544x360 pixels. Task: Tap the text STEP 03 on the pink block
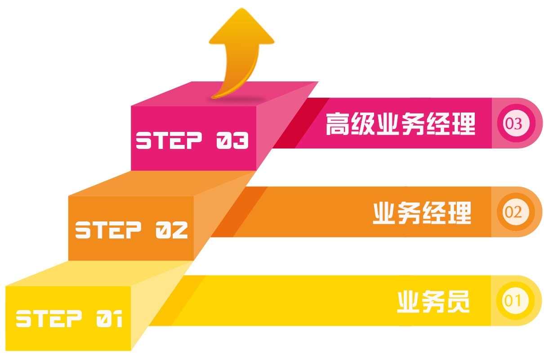tap(192, 141)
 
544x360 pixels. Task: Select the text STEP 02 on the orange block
tap(131, 230)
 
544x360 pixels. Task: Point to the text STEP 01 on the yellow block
tap(69, 319)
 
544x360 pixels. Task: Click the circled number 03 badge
tap(513, 123)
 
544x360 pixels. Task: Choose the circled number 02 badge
tap(513, 212)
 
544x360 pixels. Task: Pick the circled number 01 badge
tap(513, 300)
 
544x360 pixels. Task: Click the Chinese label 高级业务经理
tap(400, 124)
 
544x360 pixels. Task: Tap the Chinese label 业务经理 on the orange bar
tap(422, 212)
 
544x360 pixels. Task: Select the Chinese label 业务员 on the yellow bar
tap(433, 301)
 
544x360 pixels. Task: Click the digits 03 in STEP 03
tap(232, 141)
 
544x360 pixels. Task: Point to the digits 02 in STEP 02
tap(171, 230)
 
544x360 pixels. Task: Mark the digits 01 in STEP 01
tap(109, 319)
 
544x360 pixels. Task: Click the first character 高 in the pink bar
tap(338, 124)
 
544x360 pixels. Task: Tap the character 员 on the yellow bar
tap(459, 301)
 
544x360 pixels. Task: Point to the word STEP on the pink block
tap(169, 141)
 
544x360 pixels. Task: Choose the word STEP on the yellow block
tap(49, 319)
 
